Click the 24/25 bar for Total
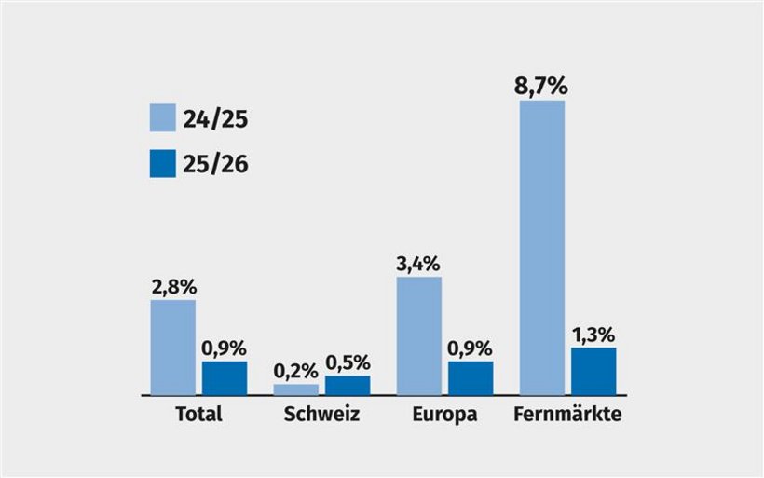click(x=173, y=347)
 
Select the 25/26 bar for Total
click(x=225, y=377)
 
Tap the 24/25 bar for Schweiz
click(x=295, y=389)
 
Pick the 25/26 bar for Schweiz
click(x=348, y=385)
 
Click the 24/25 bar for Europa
click(x=419, y=335)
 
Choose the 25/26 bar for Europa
click(x=471, y=377)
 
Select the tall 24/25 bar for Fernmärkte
click(x=542, y=247)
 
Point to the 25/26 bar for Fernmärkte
click(x=593, y=371)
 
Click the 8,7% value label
click(x=542, y=87)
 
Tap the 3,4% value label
click(x=419, y=264)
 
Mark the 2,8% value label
click(x=173, y=287)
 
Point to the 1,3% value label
click(x=593, y=335)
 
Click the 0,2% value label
click(x=295, y=371)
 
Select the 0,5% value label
click(x=348, y=362)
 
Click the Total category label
click(x=198, y=415)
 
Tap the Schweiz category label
click(x=321, y=415)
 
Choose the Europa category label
click(x=444, y=415)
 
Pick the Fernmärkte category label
click(x=567, y=415)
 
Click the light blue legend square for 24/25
click(x=163, y=118)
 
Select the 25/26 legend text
click(x=217, y=164)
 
